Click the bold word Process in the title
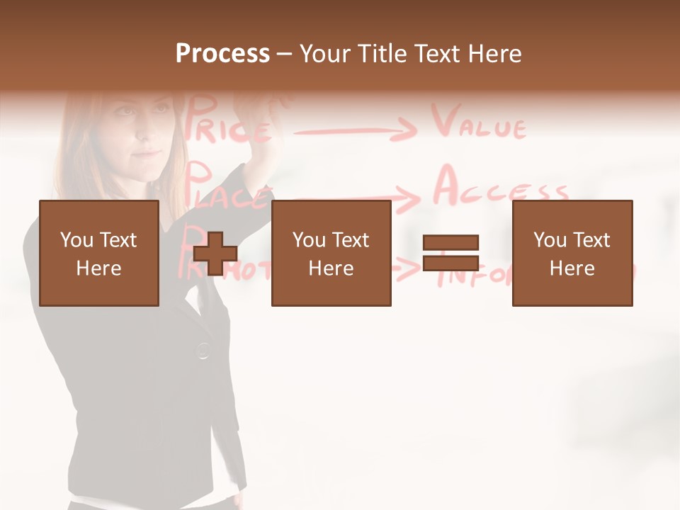222,54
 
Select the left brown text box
98,253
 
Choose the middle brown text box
331,253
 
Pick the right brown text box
572,253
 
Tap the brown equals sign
450,253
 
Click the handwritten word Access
500,189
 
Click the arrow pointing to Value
354,130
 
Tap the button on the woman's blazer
203,349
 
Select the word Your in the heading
325,54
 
